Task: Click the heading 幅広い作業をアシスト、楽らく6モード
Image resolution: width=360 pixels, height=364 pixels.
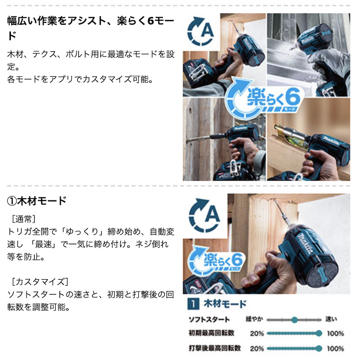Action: (x=90, y=28)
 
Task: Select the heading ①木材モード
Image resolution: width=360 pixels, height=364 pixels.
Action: (x=37, y=201)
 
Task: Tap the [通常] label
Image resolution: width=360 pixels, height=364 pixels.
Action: (x=23, y=219)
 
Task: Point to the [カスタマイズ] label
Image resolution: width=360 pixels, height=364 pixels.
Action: (x=40, y=282)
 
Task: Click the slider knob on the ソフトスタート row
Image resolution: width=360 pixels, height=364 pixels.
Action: (x=294, y=320)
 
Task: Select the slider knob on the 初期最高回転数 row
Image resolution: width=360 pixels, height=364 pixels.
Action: (x=319, y=333)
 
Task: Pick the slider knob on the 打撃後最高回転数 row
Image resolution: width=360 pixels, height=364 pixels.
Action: (x=319, y=348)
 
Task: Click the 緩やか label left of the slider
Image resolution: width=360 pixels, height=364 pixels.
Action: (x=254, y=319)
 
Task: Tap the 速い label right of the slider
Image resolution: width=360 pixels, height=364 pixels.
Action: (x=331, y=319)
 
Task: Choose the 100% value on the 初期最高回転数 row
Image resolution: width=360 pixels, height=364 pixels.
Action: (x=335, y=333)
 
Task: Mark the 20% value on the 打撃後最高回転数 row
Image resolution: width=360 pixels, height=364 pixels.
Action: (x=257, y=349)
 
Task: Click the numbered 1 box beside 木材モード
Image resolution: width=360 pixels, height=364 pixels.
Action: (x=193, y=304)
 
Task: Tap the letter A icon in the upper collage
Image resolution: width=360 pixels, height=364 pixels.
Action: (x=201, y=32)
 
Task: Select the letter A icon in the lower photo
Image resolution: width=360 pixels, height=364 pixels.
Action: (x=205, y=215)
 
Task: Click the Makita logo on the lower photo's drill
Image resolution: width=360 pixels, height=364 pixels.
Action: (x=306, y=244)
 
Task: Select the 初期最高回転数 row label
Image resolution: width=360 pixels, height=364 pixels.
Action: (x=211, y=333)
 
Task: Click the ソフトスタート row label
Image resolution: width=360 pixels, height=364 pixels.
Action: (x=209, y=320)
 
